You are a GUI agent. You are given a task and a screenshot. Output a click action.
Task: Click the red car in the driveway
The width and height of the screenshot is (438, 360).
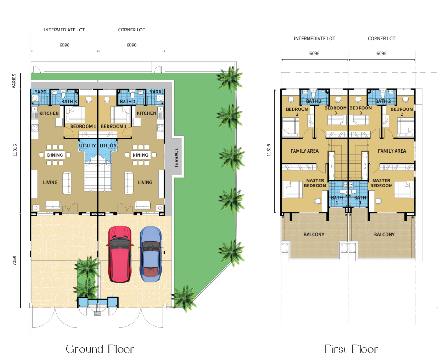coord(119,254)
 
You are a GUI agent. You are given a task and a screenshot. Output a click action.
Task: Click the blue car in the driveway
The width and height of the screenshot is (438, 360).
coord(150,254)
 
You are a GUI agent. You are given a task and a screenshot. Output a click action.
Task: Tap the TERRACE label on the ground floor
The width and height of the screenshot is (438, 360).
coord(176,158)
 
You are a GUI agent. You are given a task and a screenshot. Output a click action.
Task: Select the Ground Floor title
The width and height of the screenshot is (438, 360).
coord(100,349)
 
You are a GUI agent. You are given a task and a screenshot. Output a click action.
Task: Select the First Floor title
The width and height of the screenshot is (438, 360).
coord(351,349)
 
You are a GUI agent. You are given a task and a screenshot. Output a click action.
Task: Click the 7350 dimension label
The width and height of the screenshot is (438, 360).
coord(15,261)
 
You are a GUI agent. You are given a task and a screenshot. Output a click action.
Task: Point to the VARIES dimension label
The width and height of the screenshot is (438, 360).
coord(14,81)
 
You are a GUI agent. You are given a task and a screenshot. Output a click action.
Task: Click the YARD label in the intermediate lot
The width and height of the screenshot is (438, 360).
coord(41,92)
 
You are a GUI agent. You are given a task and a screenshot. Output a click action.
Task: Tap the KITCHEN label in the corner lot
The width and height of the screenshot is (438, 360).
coord(146,113)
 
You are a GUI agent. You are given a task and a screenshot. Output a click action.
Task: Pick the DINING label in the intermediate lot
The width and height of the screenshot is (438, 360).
coord(55,155)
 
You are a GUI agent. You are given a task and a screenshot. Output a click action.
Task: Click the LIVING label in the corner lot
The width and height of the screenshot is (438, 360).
coord(145,182)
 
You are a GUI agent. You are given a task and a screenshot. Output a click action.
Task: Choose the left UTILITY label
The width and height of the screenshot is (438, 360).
coord(88,145)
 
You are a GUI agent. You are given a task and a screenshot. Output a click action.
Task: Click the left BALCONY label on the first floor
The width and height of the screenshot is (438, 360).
coord(314,234)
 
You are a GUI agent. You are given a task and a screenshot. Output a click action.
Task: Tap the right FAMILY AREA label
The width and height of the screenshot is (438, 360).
coord(392,151)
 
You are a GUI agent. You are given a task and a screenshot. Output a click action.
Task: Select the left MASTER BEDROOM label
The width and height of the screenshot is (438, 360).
coord(315,183)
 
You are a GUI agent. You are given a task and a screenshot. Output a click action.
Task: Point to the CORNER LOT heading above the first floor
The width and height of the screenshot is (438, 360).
coord(381,39)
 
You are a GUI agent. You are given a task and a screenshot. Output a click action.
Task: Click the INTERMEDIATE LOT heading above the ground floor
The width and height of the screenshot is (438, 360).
coord(65,30)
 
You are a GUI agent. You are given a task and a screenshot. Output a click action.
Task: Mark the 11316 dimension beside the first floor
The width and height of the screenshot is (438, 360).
coord(268,150)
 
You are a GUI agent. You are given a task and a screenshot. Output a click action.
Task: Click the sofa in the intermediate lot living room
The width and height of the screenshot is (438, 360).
coord(67,183)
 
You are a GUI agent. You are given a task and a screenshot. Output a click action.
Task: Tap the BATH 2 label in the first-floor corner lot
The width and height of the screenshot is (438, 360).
coord(383,101)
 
